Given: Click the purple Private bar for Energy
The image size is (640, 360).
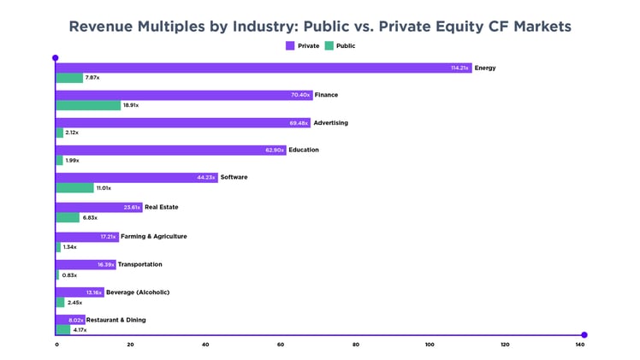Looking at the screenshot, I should coord(257,68).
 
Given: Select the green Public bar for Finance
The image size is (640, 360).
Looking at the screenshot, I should coord(88,105).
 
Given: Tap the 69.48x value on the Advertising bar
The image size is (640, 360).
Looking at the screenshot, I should coord(299,123).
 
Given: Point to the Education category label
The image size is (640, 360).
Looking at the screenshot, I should coord(304,150).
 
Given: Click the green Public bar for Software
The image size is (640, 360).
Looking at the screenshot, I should coord(74,188).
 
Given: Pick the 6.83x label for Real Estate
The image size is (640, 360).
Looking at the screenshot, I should coord(90,218).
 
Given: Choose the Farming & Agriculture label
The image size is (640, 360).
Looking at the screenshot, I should coord(154,236).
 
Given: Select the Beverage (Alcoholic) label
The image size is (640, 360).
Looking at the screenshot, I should coord(138,292).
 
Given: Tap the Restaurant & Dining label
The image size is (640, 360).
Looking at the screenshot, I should coord(116,320).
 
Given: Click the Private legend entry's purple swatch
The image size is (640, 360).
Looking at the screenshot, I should coord(290,46).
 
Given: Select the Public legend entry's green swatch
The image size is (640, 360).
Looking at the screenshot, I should coord(329,46).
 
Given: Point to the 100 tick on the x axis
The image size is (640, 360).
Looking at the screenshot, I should coord(430,345).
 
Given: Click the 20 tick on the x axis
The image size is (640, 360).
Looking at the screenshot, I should coord(130,345).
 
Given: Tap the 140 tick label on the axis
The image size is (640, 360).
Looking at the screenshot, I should coord(580,345).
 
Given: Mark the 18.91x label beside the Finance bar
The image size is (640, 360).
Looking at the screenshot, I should coord(130,105).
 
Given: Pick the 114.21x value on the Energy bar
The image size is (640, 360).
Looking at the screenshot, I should coord(460,68).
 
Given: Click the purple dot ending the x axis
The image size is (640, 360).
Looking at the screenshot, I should coord(584,335).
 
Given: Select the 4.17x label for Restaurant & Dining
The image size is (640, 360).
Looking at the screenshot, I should coord(80,330).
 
